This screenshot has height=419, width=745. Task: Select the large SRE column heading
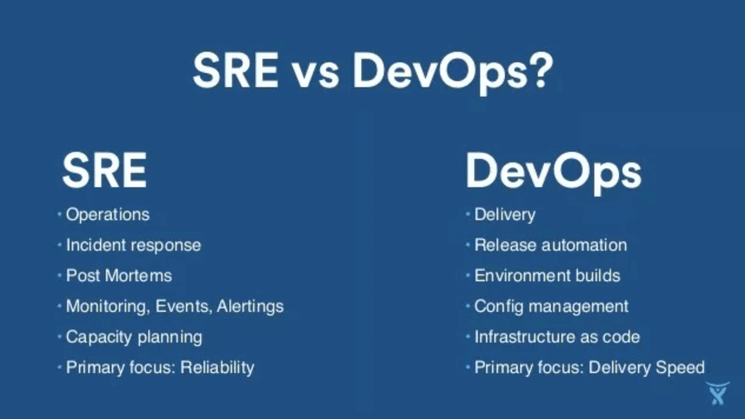(104, 170)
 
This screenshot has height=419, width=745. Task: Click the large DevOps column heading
(553, 171)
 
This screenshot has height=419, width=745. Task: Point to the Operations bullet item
(108, 215)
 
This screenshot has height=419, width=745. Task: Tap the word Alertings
(250, 307)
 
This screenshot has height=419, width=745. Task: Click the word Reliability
(217, 368)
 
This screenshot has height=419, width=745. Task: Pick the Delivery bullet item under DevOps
(505, 215)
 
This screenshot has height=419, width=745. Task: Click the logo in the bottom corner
(717, 393)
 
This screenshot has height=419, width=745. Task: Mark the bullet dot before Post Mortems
(59, 275)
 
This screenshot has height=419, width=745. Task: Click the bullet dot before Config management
(468, 306)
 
